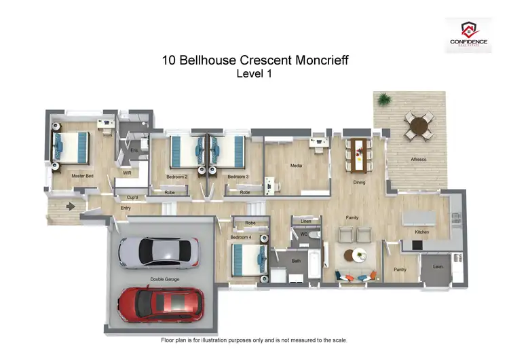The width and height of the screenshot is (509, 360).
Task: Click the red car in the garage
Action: click(159, 302)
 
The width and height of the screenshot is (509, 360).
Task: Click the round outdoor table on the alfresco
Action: click(416, 125)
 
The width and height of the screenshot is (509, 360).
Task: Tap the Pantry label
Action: click(400, 270)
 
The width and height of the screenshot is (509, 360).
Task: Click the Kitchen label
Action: click(422, 232)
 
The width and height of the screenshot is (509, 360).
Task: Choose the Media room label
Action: click(296, 165)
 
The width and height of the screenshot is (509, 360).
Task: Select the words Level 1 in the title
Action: click(254, 74)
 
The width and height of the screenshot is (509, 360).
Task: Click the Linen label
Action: click(305, 221)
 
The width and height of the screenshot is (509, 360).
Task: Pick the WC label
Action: click(304, 234)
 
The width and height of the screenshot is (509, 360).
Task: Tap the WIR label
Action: click(127, 173)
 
